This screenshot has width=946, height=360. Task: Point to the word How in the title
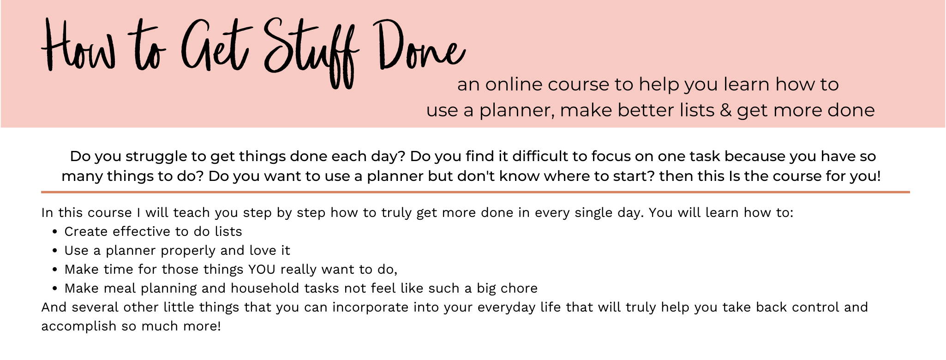(x=78, y=46)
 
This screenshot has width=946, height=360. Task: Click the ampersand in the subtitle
(x=725, y=110)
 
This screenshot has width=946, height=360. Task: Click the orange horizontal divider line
(x=475, y=192)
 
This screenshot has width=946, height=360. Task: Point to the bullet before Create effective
(x=55, y=232)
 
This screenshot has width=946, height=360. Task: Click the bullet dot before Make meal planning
(x=55, y=288)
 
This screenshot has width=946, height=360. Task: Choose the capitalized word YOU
(x=262, y=270)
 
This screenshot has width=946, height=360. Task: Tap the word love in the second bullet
(x=263, y=251)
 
